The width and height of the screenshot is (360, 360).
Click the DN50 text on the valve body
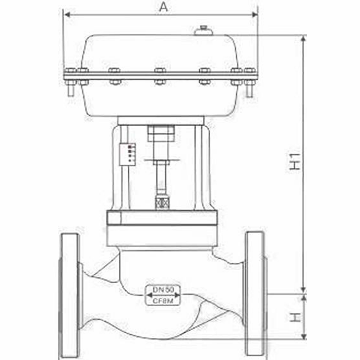point(163,290)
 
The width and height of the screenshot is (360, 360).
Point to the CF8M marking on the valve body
point(163,301)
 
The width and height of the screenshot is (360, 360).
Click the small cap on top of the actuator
point(203,31)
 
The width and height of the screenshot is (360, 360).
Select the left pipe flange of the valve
point(70,294)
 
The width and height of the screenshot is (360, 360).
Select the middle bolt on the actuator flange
point(160,76)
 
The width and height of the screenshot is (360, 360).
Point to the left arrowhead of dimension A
point(67,15)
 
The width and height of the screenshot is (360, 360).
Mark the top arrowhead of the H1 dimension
point(303,38)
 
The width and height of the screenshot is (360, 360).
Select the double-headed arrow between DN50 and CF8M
point(163,295)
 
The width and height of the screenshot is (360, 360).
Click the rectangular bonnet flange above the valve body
point(162,218)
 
